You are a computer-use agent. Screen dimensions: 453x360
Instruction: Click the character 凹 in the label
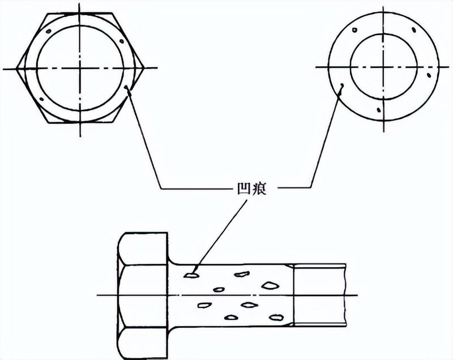(x=243, y=189)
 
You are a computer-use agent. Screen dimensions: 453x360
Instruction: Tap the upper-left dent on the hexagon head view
(x=49, y=31)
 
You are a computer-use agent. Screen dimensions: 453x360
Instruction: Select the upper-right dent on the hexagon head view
(x=122, y=41)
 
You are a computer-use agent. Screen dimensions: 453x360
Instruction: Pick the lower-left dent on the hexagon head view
(x=41, y=99)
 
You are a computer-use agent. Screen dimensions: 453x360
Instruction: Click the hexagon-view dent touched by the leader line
(x=125, y=87)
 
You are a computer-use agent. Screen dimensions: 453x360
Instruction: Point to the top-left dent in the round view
(x=355, y=29)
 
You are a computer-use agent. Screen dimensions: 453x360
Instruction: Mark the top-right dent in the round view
(x=414, y=30)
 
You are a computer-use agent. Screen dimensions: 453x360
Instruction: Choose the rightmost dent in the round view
(x=429, y=76)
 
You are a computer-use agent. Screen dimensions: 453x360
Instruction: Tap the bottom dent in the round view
(x=378, y=110)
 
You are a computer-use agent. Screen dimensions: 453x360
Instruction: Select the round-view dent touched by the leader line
(x=342, y=85)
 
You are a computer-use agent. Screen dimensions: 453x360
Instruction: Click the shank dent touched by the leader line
(x=191, y=276)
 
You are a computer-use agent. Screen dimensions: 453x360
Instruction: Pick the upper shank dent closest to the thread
(x=270, y=285)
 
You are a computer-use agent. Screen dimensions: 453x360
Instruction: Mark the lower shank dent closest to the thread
(x=276, y=318)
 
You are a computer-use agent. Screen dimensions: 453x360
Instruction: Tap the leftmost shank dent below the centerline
(x=204, y=305)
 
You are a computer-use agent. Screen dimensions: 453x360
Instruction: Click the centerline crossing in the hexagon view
(x=80, y=68)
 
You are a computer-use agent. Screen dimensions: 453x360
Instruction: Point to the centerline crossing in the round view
(x=383, y=67)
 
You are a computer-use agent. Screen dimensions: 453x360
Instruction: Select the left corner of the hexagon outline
(x=16, y=68)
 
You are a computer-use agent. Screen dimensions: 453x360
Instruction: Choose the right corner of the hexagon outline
(x=144, y=68)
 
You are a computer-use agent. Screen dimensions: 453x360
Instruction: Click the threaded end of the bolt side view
(x=319, y=295)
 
